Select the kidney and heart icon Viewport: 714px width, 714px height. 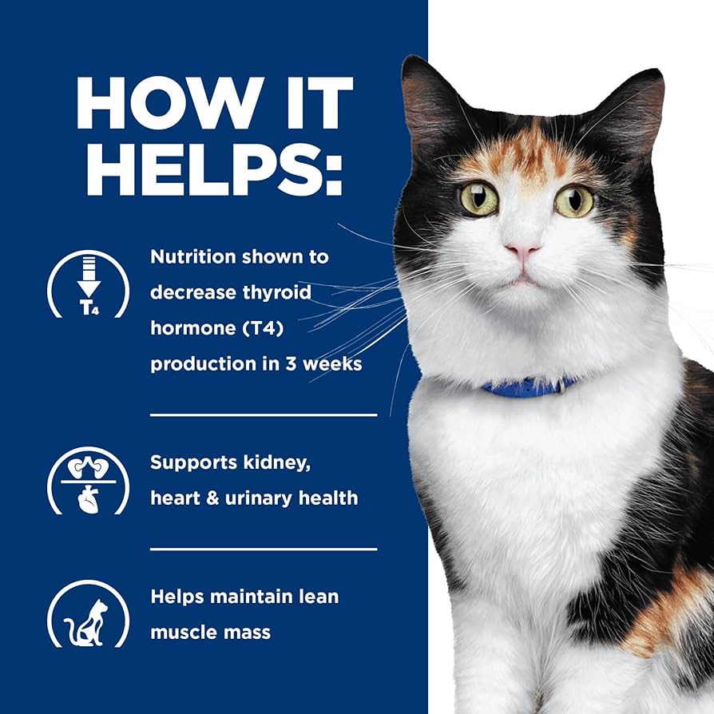pos(88,480)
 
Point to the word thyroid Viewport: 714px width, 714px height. pos(276,292)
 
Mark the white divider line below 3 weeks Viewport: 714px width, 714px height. pos(264,415)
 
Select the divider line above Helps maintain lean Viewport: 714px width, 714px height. pos(264,549)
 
